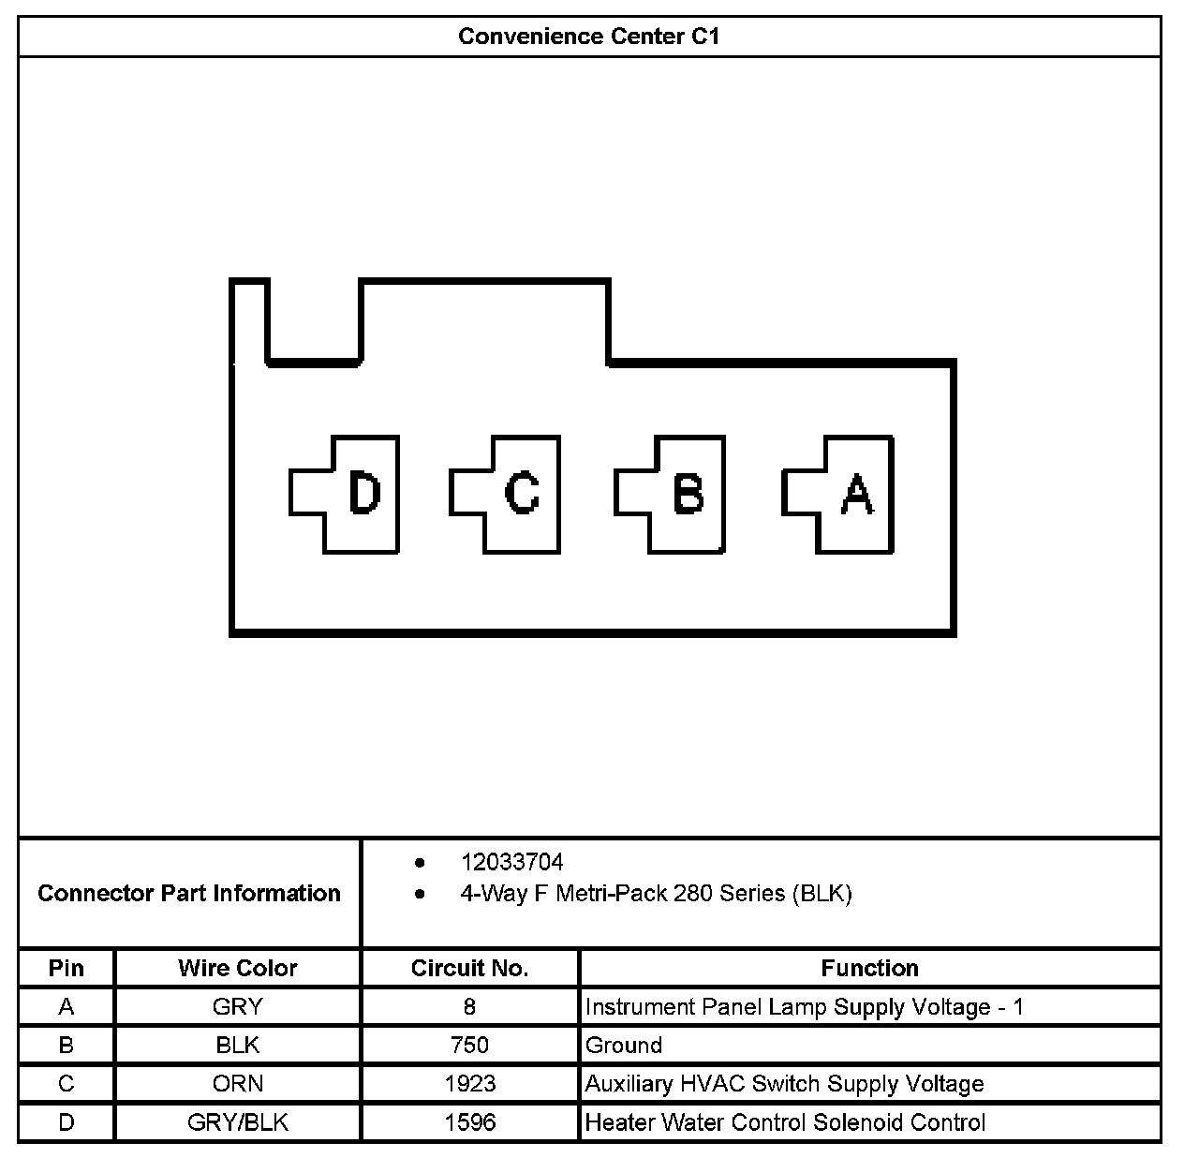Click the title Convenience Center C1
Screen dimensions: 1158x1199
pyautogui.click(x=589, y=37)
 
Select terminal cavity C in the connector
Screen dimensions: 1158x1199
pyautogui.click(x=512, y=494)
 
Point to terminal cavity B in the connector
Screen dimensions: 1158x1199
pyautogui.click(x=677, y=494)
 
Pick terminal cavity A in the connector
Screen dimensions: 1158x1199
pyautogui.click(x=846, y=494)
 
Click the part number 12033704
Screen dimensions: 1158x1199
pyautogui.click(x=511, y=862)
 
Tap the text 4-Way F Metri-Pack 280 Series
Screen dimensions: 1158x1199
pyautogui.click(x=656, y=894)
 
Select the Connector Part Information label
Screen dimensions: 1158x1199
pyautogui.click(x=189, y=893)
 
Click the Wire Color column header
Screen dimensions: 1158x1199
pyautogui.click(x=238, y=968)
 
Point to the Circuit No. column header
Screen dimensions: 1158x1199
pyautogui.click(x=469, y=968)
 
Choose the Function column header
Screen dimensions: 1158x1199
pyautogui.click(x=869, y=968)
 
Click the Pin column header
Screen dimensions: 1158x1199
pyautogui.click(x=66, y=968)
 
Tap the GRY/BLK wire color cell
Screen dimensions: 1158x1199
pyautogui.click(x=238, y=1122)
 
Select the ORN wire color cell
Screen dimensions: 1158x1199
pyautogui.click(x=238, y=1084)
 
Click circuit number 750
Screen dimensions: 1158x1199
pyautogui.click(x=469, y=1046)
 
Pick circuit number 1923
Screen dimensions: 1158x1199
pyautogui.click(x=469, y=1084)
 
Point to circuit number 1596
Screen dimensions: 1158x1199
pyautogui.click(x=469, y=1122)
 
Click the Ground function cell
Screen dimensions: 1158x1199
pyautogui.click(x=624, y=1046)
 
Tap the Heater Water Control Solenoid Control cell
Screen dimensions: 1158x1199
pyautogui.click(x=785, y=1122)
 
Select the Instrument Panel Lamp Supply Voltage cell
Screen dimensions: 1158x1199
pyautogui.click(x=804, y=1007)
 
